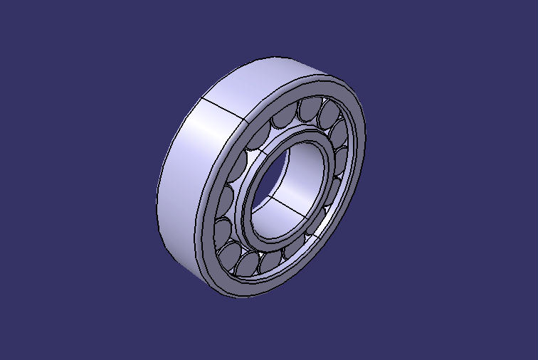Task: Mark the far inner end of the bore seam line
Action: (271, 196)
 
